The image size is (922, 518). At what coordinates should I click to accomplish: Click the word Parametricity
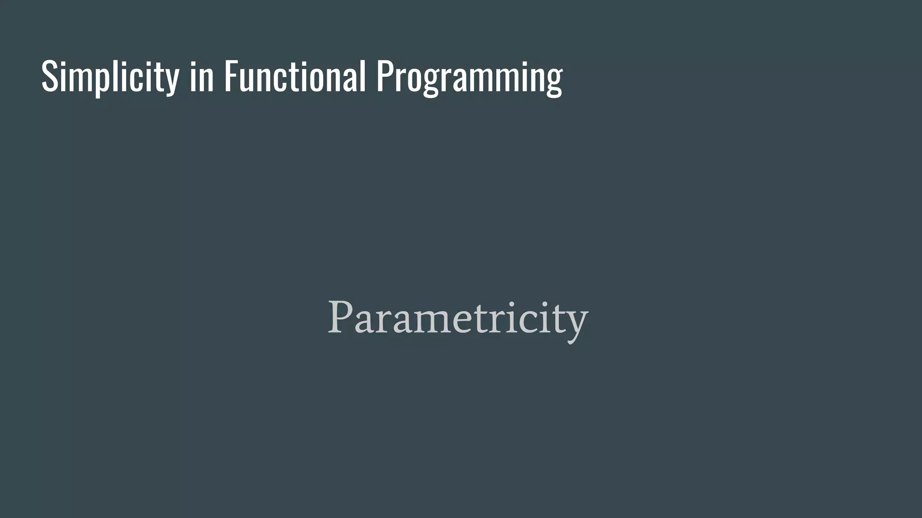pyautogui.click(x=457, y=318)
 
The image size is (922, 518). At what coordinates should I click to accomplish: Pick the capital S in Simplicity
pyautogui.click(x=50, y=76)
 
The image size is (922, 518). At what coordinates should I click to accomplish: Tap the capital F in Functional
pyautogui.click(x=231, y=76)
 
